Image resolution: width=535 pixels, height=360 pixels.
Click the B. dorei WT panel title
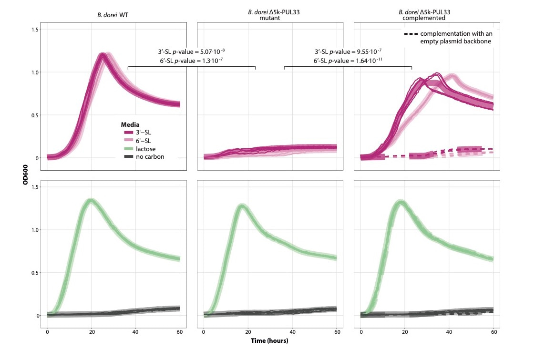tap(113, 15)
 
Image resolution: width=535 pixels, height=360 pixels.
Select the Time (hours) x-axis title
tap(269, 341)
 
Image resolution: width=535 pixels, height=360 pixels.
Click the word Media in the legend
tap(130, 124)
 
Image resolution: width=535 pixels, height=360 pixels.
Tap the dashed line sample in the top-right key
tap(411, 34)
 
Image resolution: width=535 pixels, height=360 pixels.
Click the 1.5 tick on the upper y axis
tap(35, 30)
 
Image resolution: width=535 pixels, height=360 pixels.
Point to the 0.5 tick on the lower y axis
tap(35, 273)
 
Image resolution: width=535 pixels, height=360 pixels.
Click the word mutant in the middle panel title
tap(269, 18)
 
